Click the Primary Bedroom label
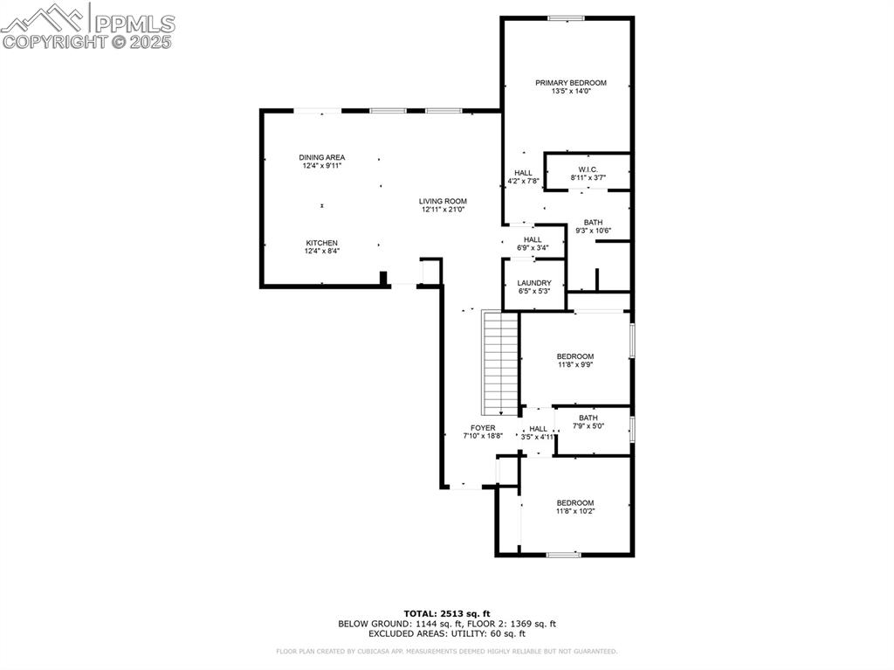tap(570, 83)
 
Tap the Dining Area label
tap(322, 157)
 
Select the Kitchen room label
tap(321, 243)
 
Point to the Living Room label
tap(444, 201)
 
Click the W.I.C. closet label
tap(588, 169)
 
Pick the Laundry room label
tap(533, 283)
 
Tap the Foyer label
tap(483, 428)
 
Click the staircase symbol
tap(501, 363)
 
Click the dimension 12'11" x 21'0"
tap(444, 209)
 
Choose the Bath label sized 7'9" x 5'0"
tap(588, 418)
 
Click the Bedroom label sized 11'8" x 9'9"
tap(575, 356)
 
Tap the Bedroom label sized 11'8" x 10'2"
tap(575, 502)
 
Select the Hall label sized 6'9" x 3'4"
tap(533, 239)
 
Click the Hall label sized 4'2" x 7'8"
tap(523, 173)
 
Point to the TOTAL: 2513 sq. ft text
tap(447, 613)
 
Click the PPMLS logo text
tap(134, 23)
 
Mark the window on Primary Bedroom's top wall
tap(566, 17)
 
